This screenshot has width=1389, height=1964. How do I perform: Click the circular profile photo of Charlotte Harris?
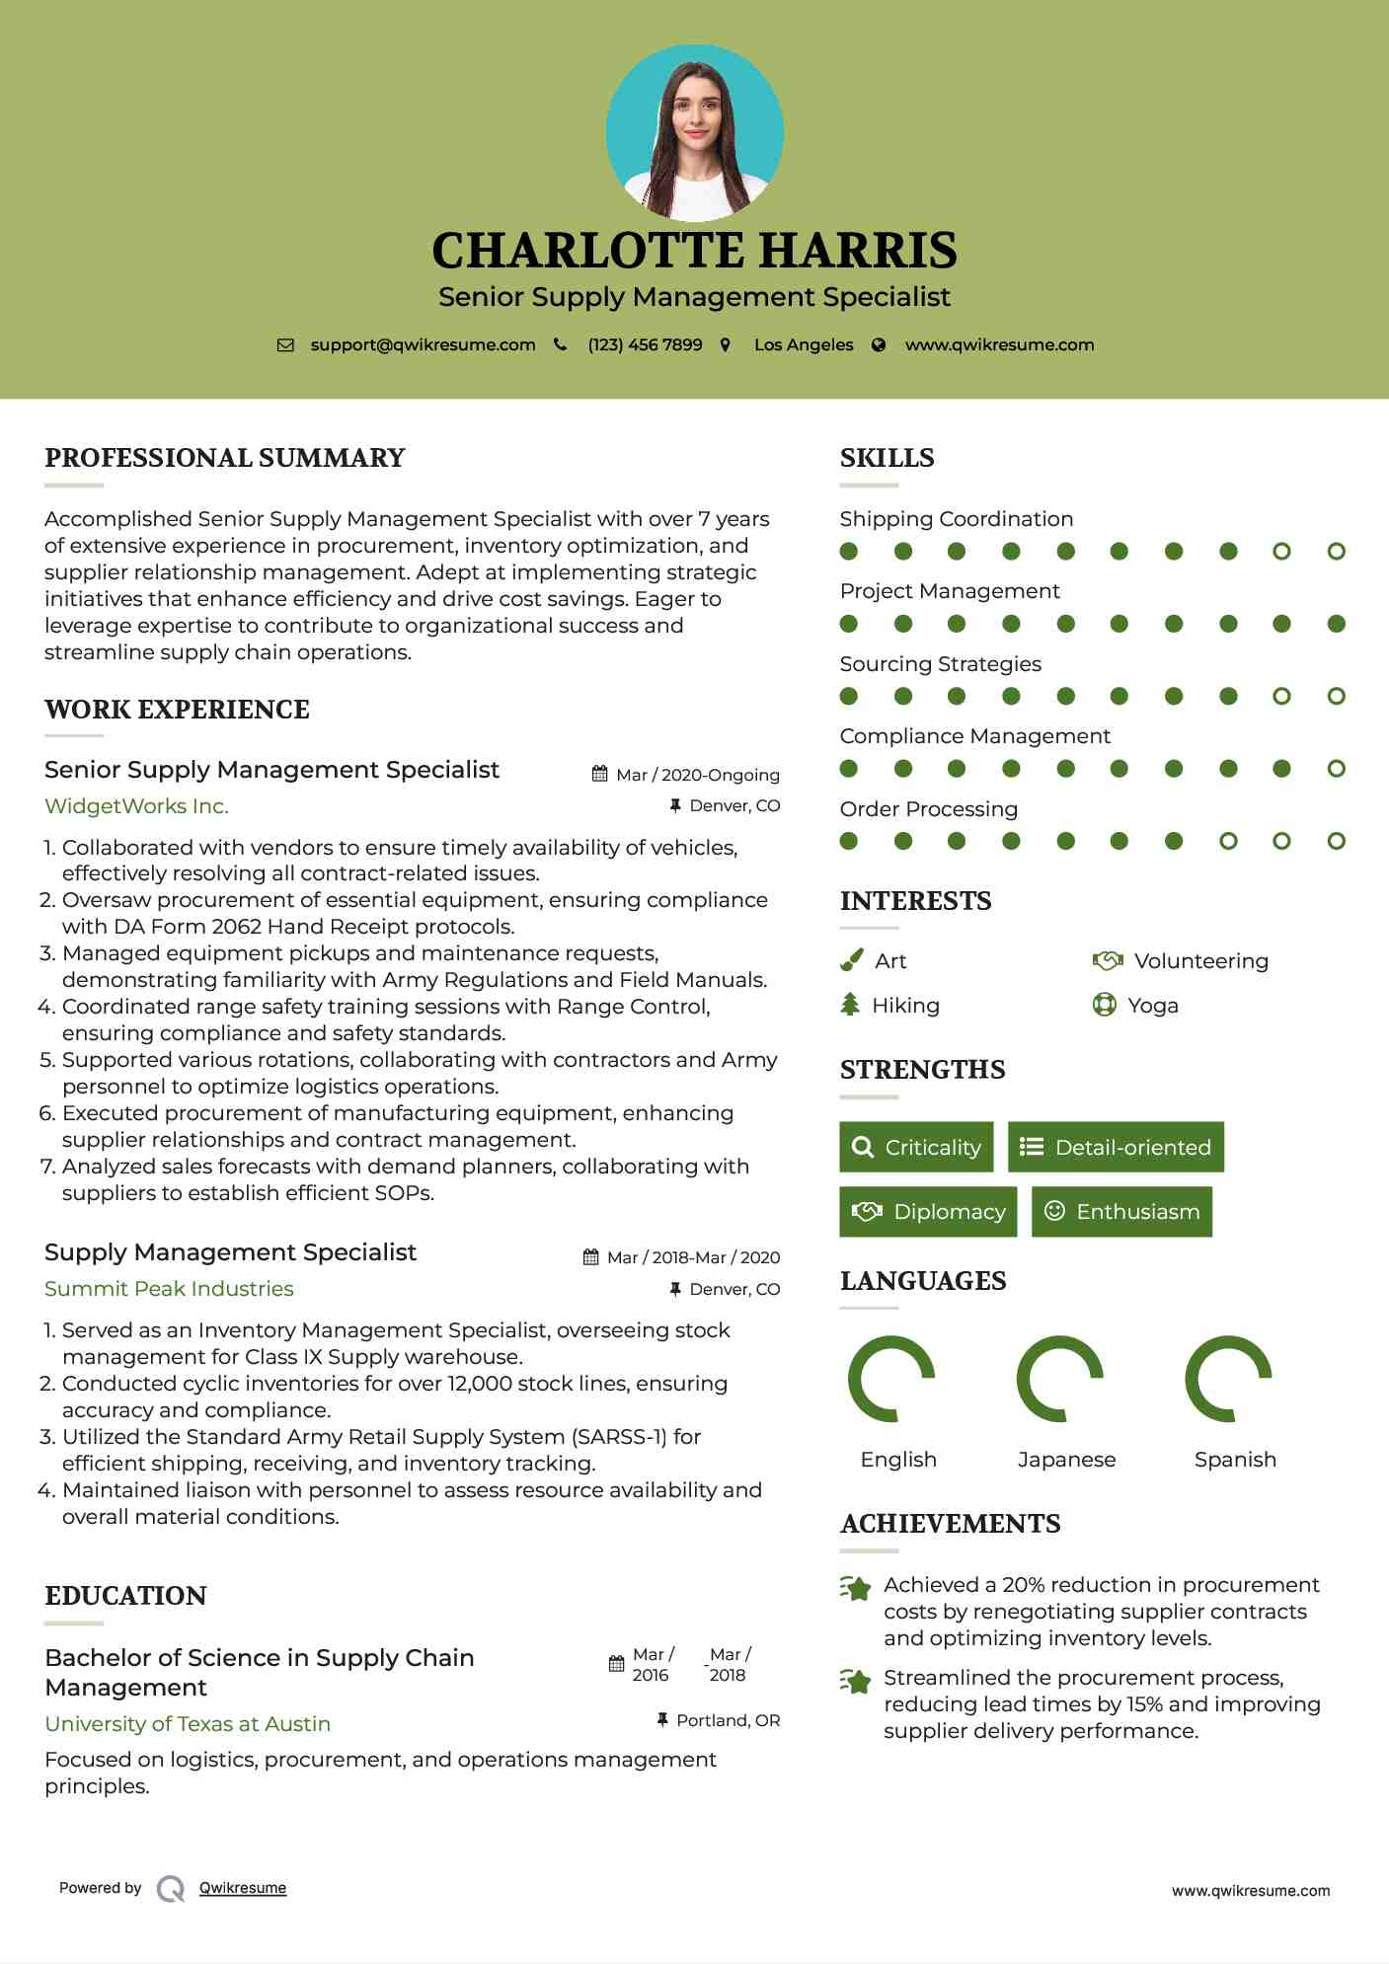click(x=694, y=133)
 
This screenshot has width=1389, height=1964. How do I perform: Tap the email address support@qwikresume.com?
click(x=423, y=344)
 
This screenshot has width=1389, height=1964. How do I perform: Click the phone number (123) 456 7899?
click(x=645, y=344)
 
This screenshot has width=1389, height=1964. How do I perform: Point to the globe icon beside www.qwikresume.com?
click(x=879, y=344)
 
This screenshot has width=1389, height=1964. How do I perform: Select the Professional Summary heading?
click(x=225, y=458)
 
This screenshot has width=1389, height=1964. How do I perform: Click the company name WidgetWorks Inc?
click(x=136, y=806)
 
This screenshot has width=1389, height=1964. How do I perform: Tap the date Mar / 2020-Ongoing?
click(x=697, y=775)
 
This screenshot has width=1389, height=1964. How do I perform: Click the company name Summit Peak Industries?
click(x=169, y=1289)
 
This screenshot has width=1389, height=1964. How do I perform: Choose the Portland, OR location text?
click(x=728, y=1720)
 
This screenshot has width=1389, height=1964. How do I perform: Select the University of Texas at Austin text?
click(x=188, y=1724)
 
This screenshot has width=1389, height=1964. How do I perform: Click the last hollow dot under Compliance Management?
click(x=1336, y=769)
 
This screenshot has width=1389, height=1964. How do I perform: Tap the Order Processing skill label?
click(x=928, y=809)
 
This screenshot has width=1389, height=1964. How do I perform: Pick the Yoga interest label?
click(x=1152, y=1006)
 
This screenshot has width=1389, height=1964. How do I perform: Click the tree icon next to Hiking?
click(x=850, y=1005)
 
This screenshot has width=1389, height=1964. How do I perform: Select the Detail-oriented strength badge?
click(x=1116, y=1147)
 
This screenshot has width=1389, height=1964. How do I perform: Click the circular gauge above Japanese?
click(x=1060, y=1379)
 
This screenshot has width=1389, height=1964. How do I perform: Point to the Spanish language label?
click(x=1235, y=1460)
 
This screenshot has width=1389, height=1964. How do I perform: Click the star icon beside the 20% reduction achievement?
click(x=856, y=1589)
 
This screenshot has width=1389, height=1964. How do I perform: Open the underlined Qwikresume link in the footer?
click(x=243, y=1888)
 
